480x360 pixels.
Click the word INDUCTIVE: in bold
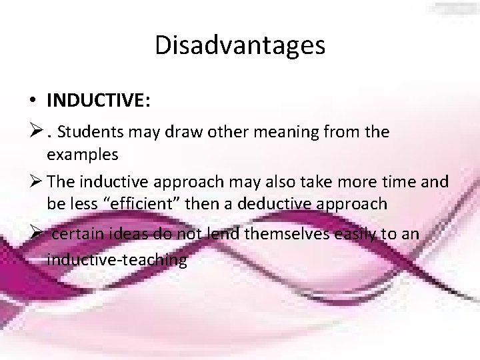pyautogui.click(x=99, y=100)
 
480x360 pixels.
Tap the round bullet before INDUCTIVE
pyautogui.click(x=32, y=101)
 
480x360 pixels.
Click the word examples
pyautogui.click(x=83, y=155)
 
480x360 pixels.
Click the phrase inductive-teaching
pyautogui.click(x=117, y=259)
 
